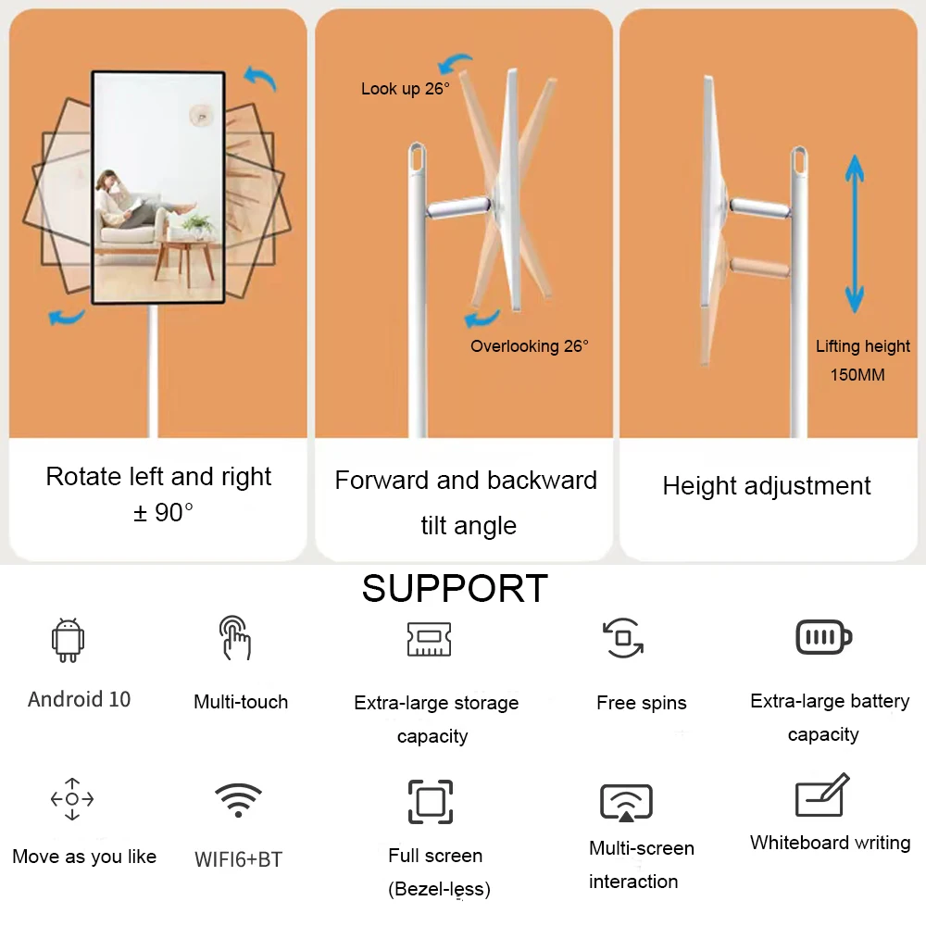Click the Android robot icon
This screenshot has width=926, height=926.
click(x=68, y=640)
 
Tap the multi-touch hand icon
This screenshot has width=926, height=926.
click(x=235, y=638)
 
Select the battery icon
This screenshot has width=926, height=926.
click(x=824, y=637)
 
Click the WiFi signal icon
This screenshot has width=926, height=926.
click(x=238, y=800)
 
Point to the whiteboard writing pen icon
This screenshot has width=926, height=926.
click(x=822, y=795)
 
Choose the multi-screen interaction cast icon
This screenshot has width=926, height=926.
click(x=626, y=803)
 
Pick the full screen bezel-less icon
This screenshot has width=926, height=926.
click(x=431, y=801)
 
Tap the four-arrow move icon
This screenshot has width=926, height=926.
click(x=72, y=799)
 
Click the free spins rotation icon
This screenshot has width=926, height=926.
click(x=623, y=638)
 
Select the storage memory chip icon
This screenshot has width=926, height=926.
click(x=430, y=639)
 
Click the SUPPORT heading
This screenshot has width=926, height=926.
click(x=455, y=588)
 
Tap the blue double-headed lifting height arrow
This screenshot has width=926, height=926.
click(x=854, y=234)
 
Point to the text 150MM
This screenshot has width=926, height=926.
click(x=857, y=374)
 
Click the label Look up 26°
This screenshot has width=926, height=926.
click(x=406, y=89)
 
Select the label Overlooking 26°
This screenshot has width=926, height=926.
click(x=529, y=346)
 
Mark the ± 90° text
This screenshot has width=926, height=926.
click(x=163, y=512)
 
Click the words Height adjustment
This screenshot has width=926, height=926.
click(x=766, y=486)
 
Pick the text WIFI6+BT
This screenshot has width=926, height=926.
click(x=239, y=859)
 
